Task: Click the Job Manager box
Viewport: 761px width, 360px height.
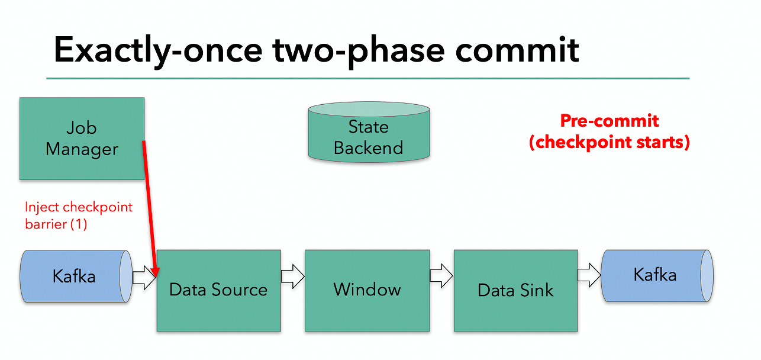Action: tap(82, 139)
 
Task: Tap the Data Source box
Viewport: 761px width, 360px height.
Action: tap(218, 290)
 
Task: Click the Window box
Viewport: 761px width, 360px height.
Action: tap(367, 290)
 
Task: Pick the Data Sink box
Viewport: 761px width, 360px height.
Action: tap(515, 290)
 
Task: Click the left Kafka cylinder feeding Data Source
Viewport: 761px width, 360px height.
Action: tap(74, 277)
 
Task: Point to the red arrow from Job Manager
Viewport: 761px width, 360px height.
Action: tap(150, 207)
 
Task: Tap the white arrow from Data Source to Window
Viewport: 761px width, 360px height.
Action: tap(292, 276)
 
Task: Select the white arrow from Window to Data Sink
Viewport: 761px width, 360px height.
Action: tap(441, 276)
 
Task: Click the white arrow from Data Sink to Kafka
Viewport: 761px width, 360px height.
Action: tap(589, 275)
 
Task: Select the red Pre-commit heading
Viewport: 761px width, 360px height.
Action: tap(609, 121)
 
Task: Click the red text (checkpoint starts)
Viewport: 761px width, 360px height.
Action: tap(609, 143)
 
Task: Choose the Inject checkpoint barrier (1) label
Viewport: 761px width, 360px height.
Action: tap(78, 216)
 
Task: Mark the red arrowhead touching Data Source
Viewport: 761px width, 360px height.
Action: tap(156, 272)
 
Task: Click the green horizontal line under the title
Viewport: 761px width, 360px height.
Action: tap(367, 78)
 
